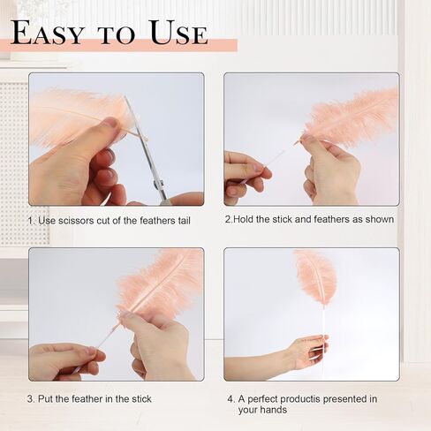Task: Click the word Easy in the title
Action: point(48,33)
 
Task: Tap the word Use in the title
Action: point(178,33)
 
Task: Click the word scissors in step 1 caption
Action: point(76,221)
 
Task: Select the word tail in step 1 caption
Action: point(184,221)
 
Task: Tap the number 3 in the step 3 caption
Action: point(30,399)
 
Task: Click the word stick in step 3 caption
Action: point(141,399)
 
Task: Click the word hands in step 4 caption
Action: point(275,410)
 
